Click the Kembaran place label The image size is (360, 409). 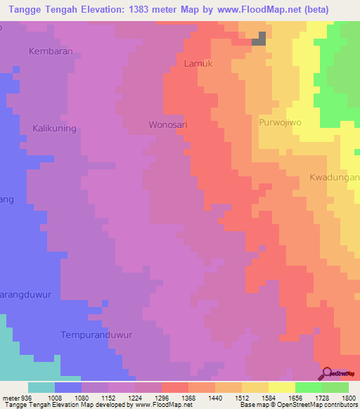click(x=51, y=51)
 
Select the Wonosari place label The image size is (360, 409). click(x=168, y=125)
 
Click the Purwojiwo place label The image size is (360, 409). click(x=280, y=122)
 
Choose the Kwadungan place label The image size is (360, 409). click(x=334, y=178)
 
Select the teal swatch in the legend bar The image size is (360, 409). click(x=41, y=387)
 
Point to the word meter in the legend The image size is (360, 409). click(x=10, y=396)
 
